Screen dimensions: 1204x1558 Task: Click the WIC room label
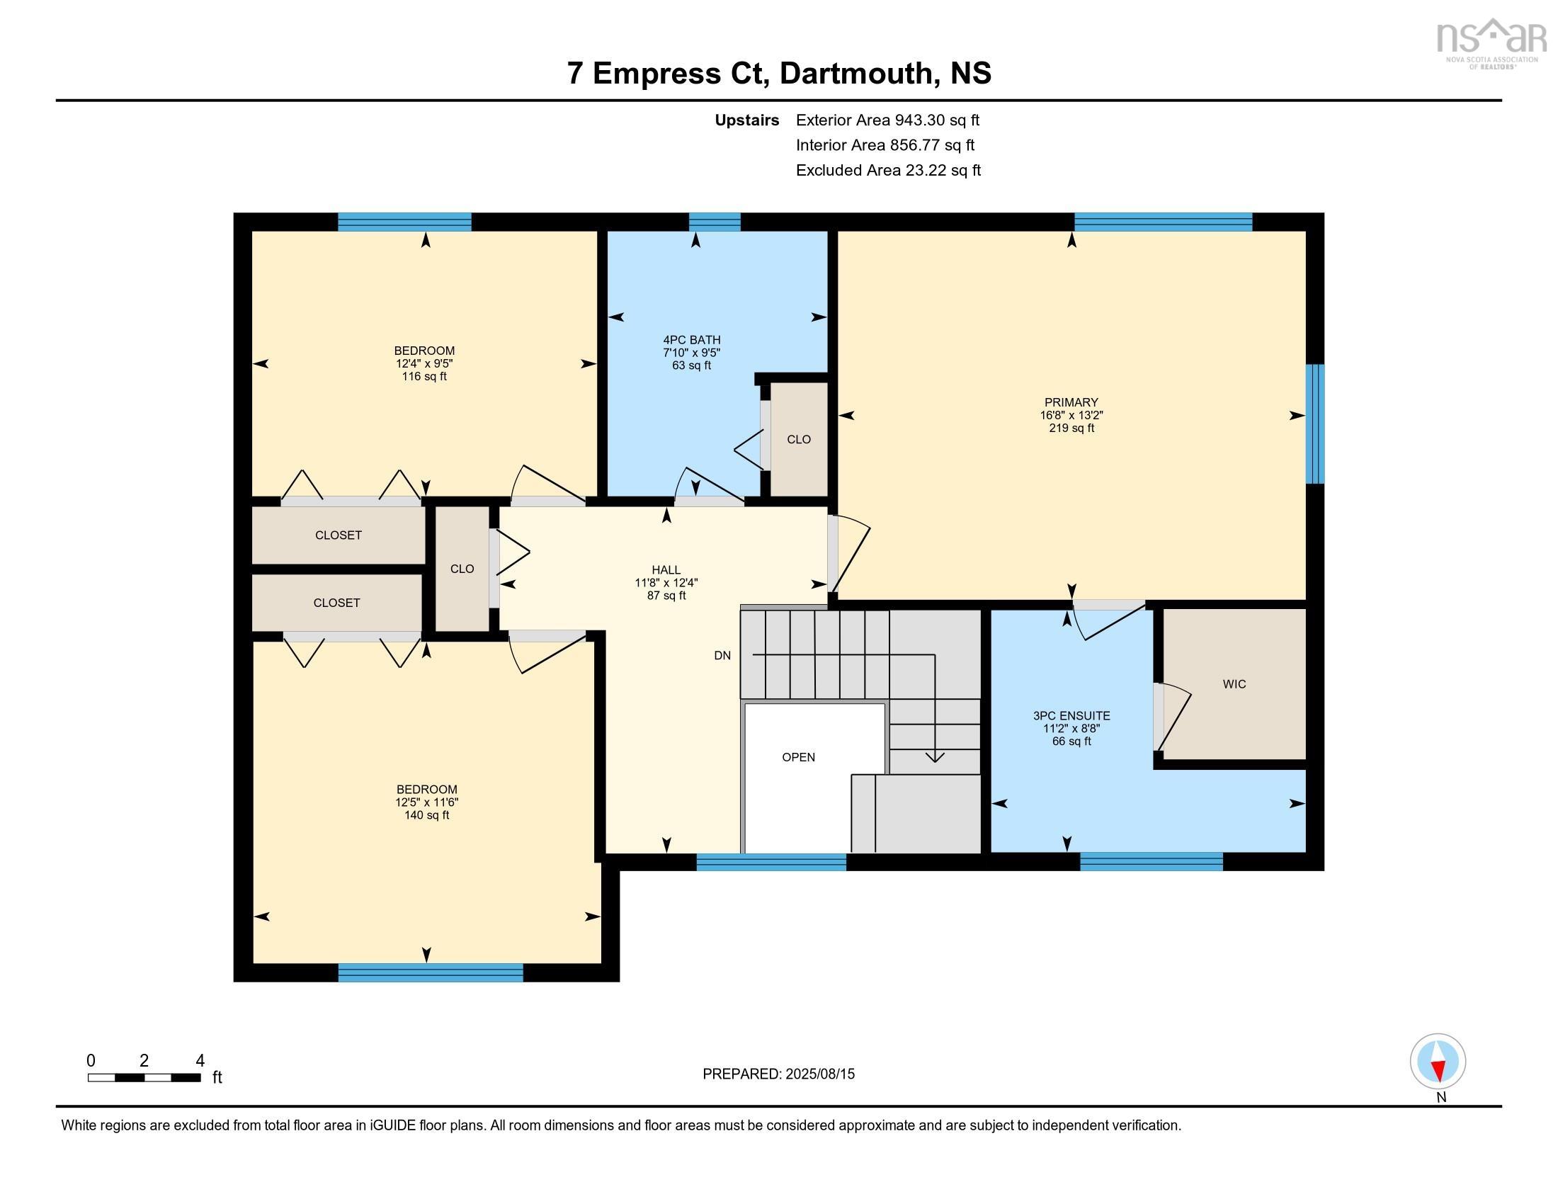pyautogui.click(x=1234, y=684)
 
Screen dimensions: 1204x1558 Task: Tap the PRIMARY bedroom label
pyautogui.click(x=1071, y=402)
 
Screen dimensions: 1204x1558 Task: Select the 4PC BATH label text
pyautogui.click(x=691, y=340)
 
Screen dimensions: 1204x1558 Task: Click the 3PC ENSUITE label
pyautogui.click(x=1071, y=715)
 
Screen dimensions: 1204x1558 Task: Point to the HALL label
pyautogui.click(x=666, y=570)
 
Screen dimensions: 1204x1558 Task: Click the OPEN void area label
pyautogui.click(x=798, y=758)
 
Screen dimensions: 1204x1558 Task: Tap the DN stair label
pyautogui.click(x=722, y=656)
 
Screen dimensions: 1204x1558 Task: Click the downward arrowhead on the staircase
pyautogui.click(x=935, y=757)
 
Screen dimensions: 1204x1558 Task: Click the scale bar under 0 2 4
pyautogui.click(x=144, y=1078)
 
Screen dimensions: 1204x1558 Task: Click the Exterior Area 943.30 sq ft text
pyautogui.click(x=887, y=120)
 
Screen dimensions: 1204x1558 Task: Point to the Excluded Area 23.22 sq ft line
pyautogui.click(x=888, y=170)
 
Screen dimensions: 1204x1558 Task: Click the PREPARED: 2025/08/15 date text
pyautogui.click(x=778, y=1074)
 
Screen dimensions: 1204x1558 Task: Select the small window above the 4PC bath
pyautogui.click(x=714, y=222)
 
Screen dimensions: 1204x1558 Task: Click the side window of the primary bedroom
pyautogui.click(x=1315, y=424)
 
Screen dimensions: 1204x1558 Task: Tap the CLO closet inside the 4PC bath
pyautogui.click(x=798, y=439)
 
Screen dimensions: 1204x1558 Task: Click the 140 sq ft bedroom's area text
pyautogui.click(x=426, y=815)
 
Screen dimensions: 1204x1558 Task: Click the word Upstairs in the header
pyautogui.click(x=746, y=120)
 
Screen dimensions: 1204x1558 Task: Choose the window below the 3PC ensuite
pyautogui.click(x=1151, y=862)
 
